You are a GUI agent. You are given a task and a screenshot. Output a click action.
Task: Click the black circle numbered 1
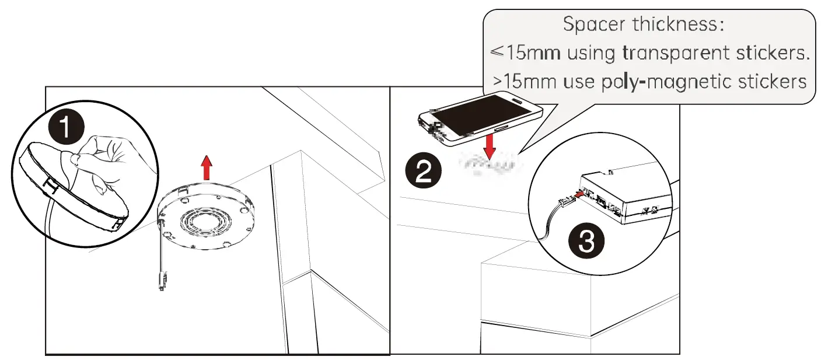pos(66,128)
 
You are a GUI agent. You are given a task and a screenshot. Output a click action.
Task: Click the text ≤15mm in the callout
pos(525,53)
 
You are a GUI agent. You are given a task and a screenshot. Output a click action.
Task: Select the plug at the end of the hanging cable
pos(160,279)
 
